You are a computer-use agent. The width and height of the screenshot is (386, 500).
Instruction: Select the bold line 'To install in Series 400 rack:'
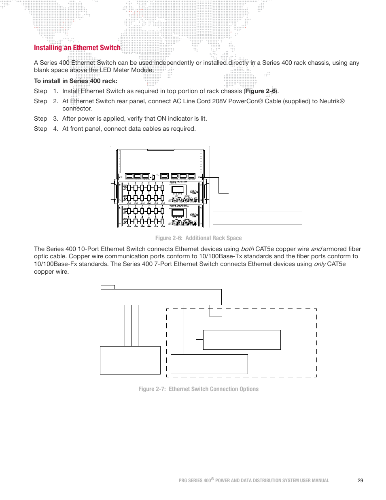pos(76,81)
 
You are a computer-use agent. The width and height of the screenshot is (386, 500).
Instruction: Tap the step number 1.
pos(55,91)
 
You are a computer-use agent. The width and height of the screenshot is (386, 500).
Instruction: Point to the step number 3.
pos(55,119)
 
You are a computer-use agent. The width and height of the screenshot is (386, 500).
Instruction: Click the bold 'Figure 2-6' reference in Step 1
pos(260,91)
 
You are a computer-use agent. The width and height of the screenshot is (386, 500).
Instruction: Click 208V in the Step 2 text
pos(219,101)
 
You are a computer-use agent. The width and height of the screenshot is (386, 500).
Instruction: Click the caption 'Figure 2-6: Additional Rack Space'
pos(198,238)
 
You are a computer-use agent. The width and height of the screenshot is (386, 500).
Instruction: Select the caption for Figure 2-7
pos(198,389)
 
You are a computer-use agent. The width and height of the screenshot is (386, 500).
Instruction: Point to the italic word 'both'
pos(247,249)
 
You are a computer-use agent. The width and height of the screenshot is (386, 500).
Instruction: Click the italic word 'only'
pos(320,264)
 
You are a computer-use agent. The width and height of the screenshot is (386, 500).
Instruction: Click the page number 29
pos(360,481)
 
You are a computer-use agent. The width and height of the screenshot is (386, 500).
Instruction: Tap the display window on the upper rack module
pos(178,190)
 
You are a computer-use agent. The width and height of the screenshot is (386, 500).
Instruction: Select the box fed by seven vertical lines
pos(130,360)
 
